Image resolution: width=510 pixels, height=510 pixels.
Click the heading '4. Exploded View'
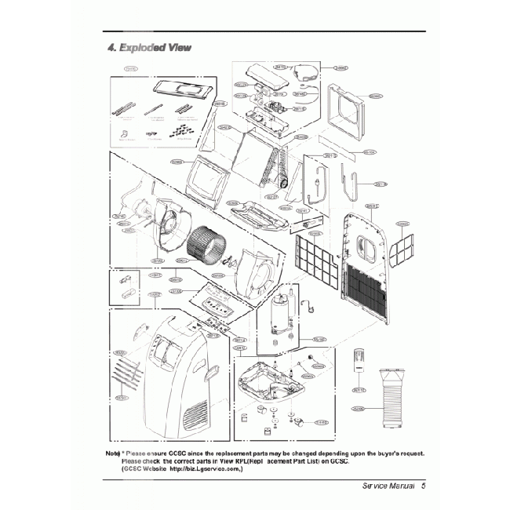pyautogui.click(x=148, y=47)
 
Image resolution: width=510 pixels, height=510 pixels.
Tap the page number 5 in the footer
pyautogui.click(x=422, y=485)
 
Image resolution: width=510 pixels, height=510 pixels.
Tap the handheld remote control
pyautogui.click(x=359, y=361)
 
